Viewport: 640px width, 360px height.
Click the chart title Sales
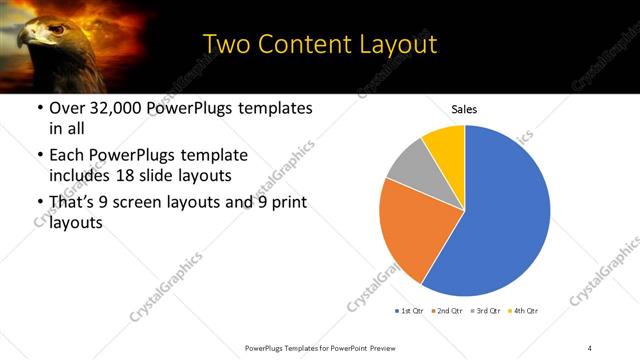click(463, 108)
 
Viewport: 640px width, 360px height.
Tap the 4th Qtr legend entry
click(524, 311)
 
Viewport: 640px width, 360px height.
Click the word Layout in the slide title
click(389, 46)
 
